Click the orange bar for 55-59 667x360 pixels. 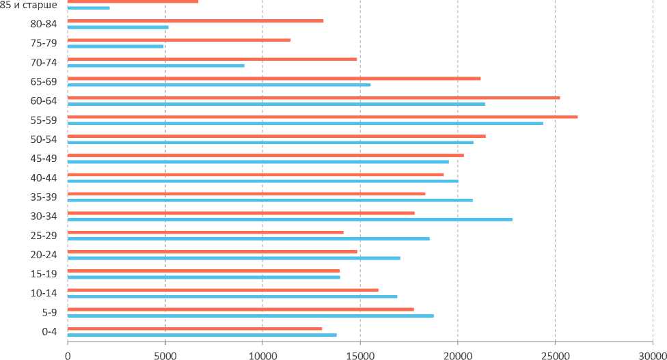[323, 117]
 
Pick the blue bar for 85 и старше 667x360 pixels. [89, 8]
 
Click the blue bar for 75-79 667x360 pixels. [115, 46]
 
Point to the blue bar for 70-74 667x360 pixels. [156, 66]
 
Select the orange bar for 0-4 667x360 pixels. [195, 329]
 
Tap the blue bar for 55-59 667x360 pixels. [305, 123]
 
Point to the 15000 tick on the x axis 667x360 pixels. [360, 353]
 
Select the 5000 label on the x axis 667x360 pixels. [165, 353]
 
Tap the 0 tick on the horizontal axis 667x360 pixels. [68, 353]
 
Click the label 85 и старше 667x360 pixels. [29, 5]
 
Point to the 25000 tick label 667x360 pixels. [555, 353]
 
